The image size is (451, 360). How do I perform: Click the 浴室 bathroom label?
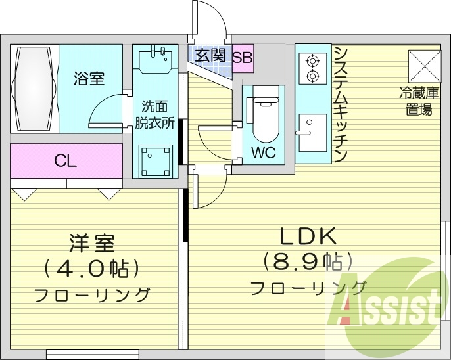(88, 79)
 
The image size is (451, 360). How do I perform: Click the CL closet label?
(66, 160)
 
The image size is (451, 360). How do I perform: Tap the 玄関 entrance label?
(210, 55)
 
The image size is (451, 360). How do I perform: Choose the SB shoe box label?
(242, 56)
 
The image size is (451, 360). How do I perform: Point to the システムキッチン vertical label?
(340, 104)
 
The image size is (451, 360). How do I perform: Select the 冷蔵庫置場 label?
(418, 101)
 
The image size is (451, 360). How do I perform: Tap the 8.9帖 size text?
(308, 261)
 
